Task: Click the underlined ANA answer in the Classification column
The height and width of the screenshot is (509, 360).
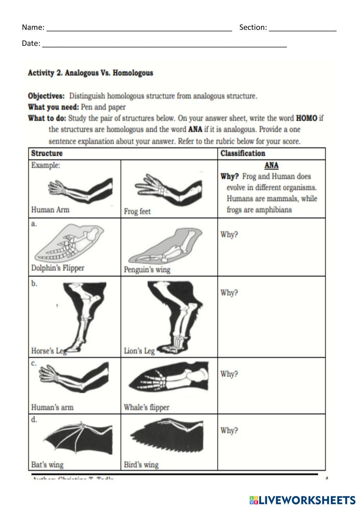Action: (271, 165)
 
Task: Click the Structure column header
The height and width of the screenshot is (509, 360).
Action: (47, 153)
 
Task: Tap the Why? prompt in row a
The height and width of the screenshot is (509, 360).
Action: (229, 235)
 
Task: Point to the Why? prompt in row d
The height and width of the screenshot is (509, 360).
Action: (229, 431)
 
